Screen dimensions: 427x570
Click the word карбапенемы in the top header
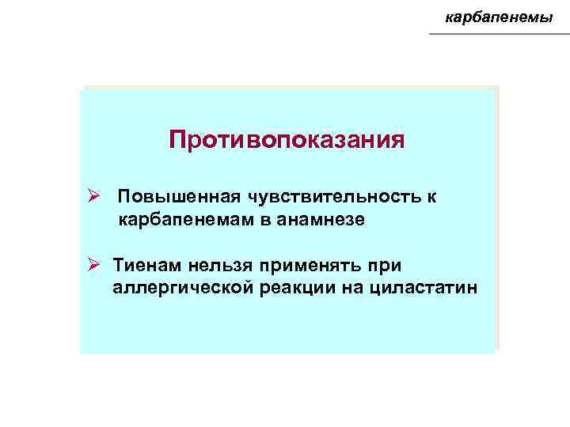pyautogui.click(x=500, y=16)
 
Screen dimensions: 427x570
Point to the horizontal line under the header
pyautogui.click(x=499, y=34)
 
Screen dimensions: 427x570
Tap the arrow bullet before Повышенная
pyautogui.click(x=93, y=195)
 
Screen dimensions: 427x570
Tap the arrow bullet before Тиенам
pyautogui.click(x=93, y=263)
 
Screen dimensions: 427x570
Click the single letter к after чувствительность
pyautogui.click(x=432, y=195)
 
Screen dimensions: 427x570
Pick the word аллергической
pyautogui.click(x=184, y=287)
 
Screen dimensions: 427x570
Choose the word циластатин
pyautogui.click(x=422, y=287)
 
